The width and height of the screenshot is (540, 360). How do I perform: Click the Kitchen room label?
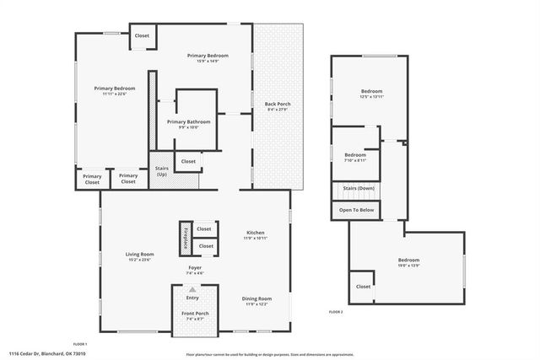point(256,233)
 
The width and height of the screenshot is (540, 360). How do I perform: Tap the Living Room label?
point(140,254)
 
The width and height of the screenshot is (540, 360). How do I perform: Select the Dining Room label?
point(256,298)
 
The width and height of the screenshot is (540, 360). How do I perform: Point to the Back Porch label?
point(278,104)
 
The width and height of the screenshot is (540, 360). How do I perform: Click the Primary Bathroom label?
point(188,121)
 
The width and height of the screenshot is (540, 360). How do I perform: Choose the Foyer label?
point(194,267)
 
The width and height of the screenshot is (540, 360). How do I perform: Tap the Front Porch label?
point(195,313)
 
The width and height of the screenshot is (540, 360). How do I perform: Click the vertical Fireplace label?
point(185,239)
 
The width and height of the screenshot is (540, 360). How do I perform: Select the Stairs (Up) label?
point(162,171)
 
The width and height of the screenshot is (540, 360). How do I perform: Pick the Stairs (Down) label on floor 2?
point(359,188)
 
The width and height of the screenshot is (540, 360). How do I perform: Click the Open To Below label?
point(356,209)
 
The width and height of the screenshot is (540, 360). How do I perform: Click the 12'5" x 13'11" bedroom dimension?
point(372,97)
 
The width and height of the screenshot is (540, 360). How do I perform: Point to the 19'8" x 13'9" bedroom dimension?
point(408,266)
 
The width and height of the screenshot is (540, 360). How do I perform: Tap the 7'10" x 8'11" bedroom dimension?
point(355,160)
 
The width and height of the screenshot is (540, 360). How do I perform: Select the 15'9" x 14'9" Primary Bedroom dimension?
point(208,61)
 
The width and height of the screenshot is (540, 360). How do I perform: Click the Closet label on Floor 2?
point(363,286)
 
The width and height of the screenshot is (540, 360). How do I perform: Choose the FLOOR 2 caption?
point(336,312)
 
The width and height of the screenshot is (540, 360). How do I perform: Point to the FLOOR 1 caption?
point(80,343)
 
